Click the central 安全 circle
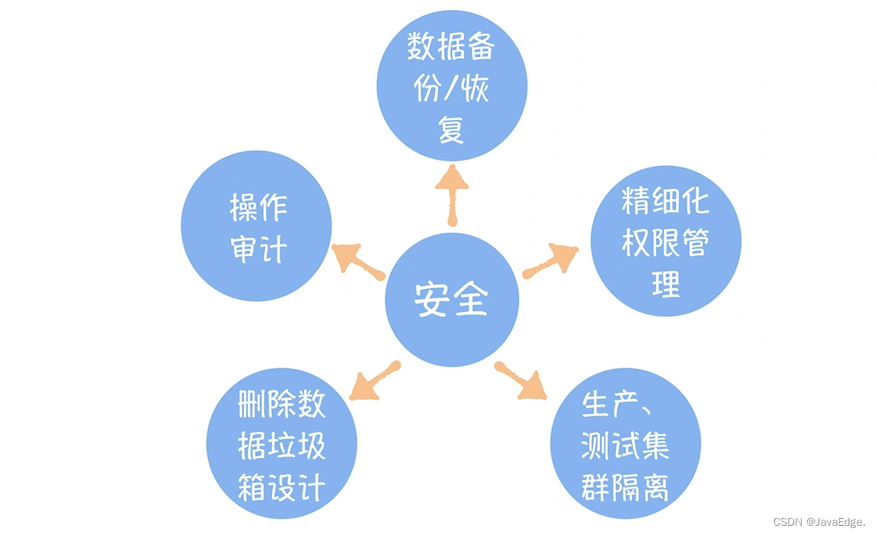[x=452, y=300]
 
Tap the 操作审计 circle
[x=256, y=228]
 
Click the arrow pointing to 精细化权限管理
[x=551, y=260]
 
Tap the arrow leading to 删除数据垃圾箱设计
[x=374, y=382]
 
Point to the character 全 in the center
[x=471, y=300]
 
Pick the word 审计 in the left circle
[x=258, y=249]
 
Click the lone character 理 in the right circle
[x=665, y=284]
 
